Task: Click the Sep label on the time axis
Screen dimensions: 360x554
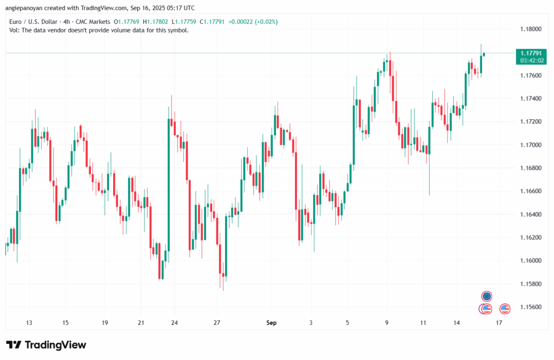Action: pos(272,323)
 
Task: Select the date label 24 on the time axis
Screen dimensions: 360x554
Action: pos(175,323)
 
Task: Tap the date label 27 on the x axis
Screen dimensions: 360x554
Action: pos(217,323)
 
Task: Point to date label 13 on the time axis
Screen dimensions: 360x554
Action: pos(29,323)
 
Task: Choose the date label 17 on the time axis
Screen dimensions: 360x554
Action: pos(499,323)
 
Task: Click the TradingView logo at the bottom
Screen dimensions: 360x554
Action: pos(47,345)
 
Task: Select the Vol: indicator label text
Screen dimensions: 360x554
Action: pos(15,30)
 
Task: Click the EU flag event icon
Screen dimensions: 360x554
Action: pos(487,296)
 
